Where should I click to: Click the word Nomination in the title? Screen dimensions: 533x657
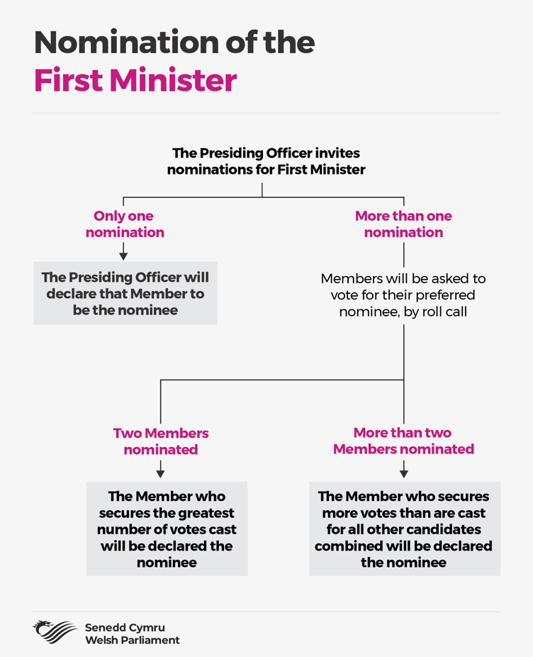click(x=126, y=43)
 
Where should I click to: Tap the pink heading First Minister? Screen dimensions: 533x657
click(x=135, y=80)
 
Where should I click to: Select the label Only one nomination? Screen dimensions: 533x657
click(x=124, y=223)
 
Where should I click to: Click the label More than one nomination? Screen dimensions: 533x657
click(x=403, y=223)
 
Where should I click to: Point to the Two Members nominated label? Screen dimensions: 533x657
click(x=161, y=441)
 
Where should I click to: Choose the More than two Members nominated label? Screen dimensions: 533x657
click(x=403, y=441)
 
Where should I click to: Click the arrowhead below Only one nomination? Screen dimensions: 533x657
click(x=123, y=256)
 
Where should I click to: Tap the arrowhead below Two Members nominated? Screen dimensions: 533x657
click(x=160, y=474)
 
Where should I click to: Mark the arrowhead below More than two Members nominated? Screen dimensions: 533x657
click(x=403, y=474)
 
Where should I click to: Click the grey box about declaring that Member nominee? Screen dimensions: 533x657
click(x=125, y=293)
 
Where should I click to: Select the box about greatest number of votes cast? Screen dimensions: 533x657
click(x=167, y=529)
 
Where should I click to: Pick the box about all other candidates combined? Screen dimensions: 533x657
click(x=405, y=529)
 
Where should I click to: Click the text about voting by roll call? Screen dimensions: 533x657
click(x=403, y=295)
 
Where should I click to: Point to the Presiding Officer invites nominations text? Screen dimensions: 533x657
click(x=266, y=161)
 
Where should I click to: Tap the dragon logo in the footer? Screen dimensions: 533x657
click(x=55, y=632)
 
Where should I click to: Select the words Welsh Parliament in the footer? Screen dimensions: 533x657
click(x=133, y=640)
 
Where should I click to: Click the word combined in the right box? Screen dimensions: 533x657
click(x=348, y=546)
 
